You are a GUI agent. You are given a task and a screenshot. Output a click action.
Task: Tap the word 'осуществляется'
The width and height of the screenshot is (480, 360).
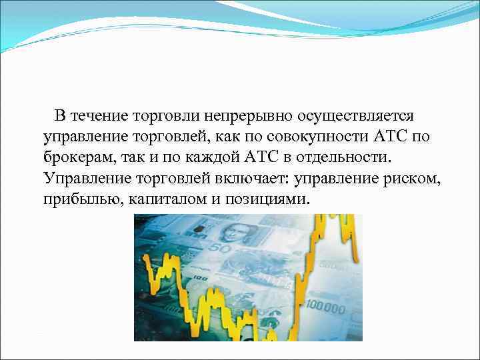353,116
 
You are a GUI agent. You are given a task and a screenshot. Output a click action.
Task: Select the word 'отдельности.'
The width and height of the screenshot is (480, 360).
347,159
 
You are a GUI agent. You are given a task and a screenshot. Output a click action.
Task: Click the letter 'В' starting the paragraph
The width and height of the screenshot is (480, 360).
60,116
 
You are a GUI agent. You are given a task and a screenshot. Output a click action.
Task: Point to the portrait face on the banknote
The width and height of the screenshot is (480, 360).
234,234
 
